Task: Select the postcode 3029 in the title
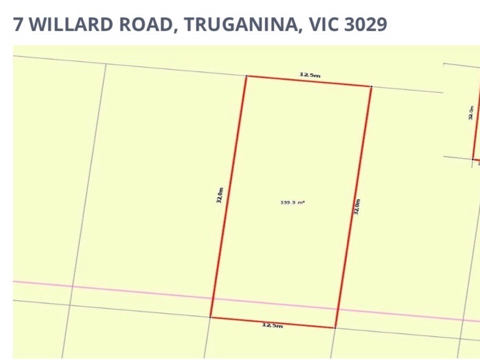(365, 24)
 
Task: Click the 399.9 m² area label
(292, 202)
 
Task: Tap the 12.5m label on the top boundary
(310, 75)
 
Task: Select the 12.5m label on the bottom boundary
(272, 325)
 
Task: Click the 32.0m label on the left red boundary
(219, 195)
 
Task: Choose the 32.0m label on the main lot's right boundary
(357, 206)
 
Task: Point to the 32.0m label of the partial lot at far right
(470, 112)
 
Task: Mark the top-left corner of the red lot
(246, 76)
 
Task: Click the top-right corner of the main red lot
(371, 87)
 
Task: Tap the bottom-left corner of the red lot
(211, 317)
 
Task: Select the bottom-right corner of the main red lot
(335, 328)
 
